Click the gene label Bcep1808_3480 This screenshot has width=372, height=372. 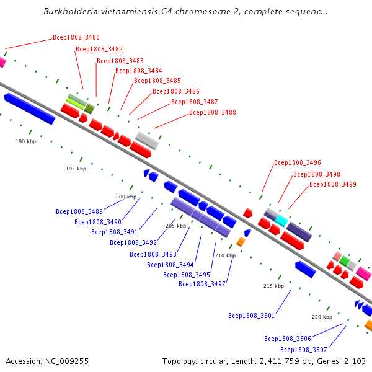pyautogui.click(x=76, y=37)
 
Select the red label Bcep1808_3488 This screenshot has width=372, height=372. pyautogui.click(x=213, y=112)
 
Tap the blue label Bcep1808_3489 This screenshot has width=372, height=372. pyautogui.click(x=79, y=211)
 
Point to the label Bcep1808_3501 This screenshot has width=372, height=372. pyautogui.click(x=252, y=316)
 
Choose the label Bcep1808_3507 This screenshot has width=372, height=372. pyautogui.click(x=304, y=350)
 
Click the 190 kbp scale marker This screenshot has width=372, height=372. pyautogui.click(x=26, y=141)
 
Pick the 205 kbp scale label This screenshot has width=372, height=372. pyautogui.click(x=176, y=226)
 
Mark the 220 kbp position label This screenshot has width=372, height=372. pyautogui.click(x=322, y=317)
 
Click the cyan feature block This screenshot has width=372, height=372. pyautogui.click(x=281, y=221)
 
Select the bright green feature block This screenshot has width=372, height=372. pyautogui.click(x=345, y=261)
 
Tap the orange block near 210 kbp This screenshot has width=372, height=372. pyautogui.click(x=241, y=242)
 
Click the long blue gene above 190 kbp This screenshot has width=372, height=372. pyautogui.click(x=30, y=108)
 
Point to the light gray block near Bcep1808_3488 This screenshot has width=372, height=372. pyautogui.click(x=147, y=141)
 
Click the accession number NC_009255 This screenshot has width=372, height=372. pyautogui.click(x=67, y=361)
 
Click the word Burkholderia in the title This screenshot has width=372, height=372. pyautogui.click(x=71, y=11)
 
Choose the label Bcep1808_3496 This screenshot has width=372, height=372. pyautogui.click(x=298, y=162)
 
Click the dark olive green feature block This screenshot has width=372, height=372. pyautogui.click(x=89, y=108)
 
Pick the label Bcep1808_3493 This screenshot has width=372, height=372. pyautogui.click(x=153, y=255)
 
